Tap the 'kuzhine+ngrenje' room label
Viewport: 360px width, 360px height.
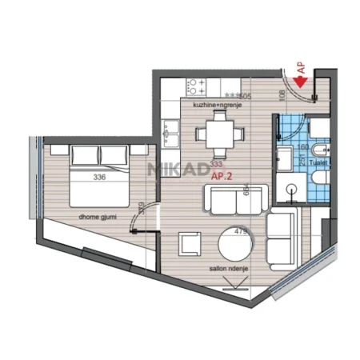pyautogui.click(x=212, y=104)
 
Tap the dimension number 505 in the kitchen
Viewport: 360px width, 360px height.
pyautogui.click(x=245, y=96)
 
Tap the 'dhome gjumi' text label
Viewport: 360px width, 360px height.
pyautogui.click(x=95, y=215)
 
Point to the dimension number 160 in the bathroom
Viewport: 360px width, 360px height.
pyautogui.click(x=303, y=146)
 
